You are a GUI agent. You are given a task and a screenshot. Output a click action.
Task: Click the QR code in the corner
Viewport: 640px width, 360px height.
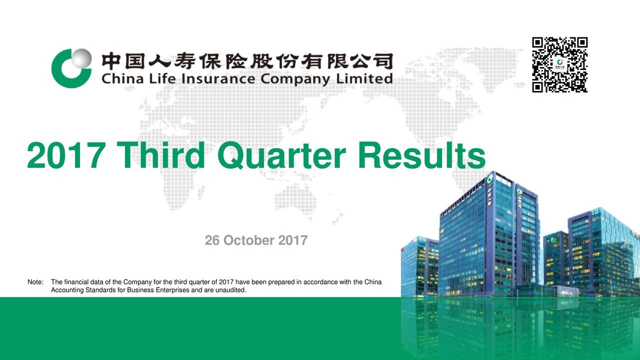tap(560, 64)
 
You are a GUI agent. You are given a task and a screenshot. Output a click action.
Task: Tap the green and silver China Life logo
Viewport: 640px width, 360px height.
tap(71, 68)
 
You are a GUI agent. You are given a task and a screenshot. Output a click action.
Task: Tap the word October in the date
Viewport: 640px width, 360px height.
tap(249, 241)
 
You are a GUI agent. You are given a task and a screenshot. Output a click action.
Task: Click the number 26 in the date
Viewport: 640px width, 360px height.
tap(212, 241)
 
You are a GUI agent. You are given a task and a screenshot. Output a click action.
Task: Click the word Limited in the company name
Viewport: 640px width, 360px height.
tap(367, 79)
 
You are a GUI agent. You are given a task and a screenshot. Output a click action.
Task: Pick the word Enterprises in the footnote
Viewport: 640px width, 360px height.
tap(172, 289)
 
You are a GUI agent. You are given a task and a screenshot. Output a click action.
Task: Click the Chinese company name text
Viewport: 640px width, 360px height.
tap(247, 62)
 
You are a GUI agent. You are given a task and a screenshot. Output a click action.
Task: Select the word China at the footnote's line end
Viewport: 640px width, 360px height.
tap(373, 282)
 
